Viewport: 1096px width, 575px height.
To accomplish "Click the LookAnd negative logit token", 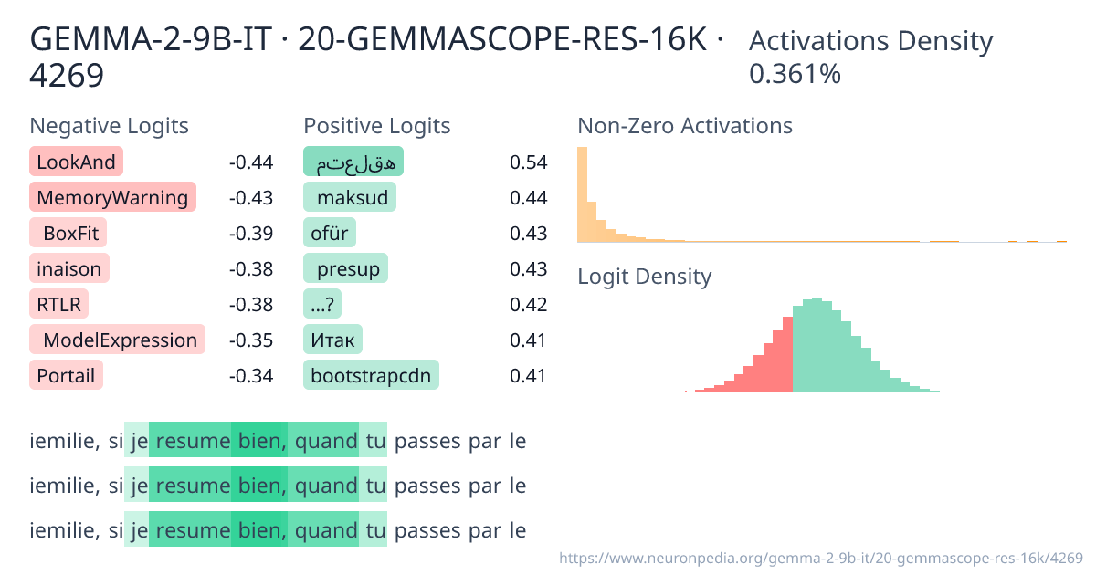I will tap(76, 162).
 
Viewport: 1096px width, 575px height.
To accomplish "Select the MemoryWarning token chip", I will tap(113, 198).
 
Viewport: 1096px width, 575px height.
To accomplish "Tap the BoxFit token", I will tap(68, 234).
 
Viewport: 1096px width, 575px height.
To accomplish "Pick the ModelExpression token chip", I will tap(118, 340).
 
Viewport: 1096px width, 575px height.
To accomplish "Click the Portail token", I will tap(66, 375).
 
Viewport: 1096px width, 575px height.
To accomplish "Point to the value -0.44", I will tap(251, 162).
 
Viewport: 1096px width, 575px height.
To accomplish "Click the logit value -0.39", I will tap(251, 234).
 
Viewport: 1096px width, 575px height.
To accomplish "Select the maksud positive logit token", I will tap(350, 198).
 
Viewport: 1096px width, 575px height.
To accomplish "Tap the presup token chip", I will tap(346, 269).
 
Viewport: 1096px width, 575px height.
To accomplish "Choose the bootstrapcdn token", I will tap(371, 375).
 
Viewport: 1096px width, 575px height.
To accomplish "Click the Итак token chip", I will tap(332, 340).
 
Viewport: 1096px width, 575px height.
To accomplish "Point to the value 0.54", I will tap(529, 162).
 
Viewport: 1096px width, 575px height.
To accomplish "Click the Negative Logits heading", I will tap(110, 126).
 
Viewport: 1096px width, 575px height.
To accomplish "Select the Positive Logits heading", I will tap(377, 126).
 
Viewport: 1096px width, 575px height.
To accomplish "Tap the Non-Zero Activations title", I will tap(685, 126).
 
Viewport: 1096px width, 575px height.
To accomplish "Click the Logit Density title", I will tap(645, 277).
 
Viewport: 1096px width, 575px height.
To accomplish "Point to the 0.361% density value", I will tap(795, 74).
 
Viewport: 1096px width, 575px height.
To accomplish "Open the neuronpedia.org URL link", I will tap(820, 557).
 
